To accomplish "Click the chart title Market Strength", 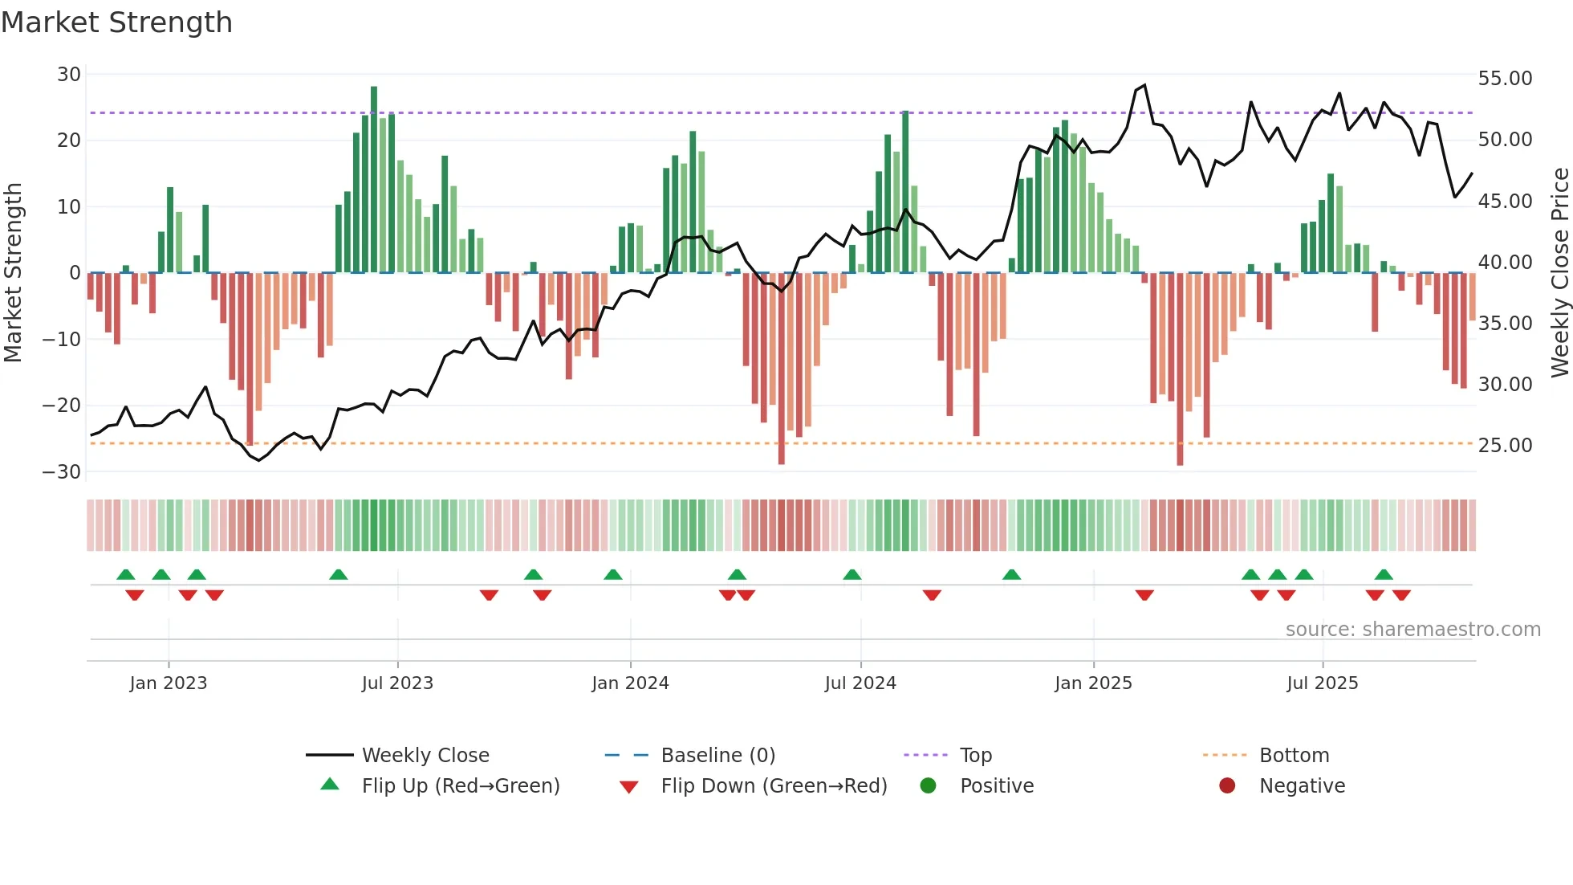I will click(116, 22).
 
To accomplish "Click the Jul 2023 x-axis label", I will click(397, 683).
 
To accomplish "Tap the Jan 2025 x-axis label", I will click(1093, 683).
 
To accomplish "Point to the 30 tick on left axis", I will click(69, 75).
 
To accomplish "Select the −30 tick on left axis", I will click(62, 471).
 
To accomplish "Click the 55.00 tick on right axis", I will click(1505, 79).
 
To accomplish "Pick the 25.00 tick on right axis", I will click(1505, 445).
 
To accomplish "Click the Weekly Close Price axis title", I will click(1559, 273).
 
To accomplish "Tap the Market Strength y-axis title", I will click(13, 273).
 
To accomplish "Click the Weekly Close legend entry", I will click(425, 755).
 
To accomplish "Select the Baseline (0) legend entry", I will click(717, 755).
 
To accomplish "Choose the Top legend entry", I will click(975, 755).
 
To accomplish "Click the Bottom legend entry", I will click(1294, 755).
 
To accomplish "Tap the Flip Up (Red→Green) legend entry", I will click(460, 785).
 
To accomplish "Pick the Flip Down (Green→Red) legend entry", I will click(773, 785).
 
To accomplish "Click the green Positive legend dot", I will click(928, 785).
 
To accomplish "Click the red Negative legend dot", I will click(1227, 785).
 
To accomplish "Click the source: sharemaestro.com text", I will click(1412, 629).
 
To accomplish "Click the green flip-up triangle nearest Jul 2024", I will click(852, 574).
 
